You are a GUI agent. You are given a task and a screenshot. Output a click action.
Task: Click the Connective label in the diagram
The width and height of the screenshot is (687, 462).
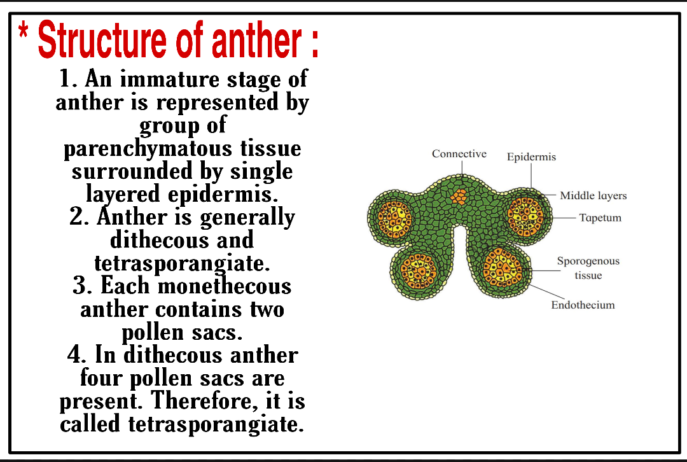[x=459, y=154]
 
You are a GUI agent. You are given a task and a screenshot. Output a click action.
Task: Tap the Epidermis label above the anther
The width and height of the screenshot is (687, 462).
[x=531, y=157]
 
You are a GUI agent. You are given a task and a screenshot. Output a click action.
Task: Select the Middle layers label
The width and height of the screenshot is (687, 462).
[x=593, y=196]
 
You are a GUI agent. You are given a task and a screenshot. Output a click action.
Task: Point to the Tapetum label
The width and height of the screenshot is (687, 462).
[x=600, y=218]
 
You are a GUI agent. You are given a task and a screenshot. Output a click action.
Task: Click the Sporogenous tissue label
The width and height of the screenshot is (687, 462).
[x=588, y=268]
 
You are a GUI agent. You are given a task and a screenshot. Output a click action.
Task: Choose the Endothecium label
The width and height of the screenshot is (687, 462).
[x=583, y=305]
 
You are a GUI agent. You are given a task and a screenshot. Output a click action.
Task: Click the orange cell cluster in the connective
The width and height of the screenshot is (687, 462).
[x=459, y=195]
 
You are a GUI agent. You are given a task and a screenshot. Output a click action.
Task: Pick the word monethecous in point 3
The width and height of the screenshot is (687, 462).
[x=224, y=286]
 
